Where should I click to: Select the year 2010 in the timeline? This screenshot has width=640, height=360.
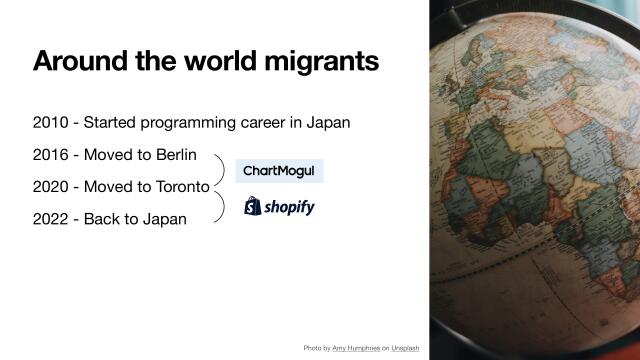pyautogui.click(x=50, y=123)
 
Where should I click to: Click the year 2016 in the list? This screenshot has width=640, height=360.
pyautogui.click(x=50, y=155)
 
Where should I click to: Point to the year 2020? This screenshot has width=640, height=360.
pyautogui.click(x=50, y=187)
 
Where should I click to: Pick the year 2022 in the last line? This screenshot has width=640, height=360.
pyautogui.click(x=50, y=219)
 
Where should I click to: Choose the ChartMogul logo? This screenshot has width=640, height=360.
pyautogui.click(x=279, y=172)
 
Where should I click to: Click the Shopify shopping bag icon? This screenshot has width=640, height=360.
pyautogui.click(x=253, y=206)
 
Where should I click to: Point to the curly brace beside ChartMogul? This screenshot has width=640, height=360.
pyautogui.click(x=218, y=170)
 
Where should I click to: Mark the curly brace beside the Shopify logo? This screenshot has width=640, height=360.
pyautogui.click(x=218, y=207)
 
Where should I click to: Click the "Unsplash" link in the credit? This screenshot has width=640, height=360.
pyautogui.click(x=405, y=347)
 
